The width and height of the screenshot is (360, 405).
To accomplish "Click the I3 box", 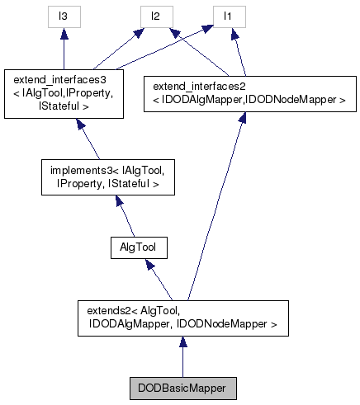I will [64, 16].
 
